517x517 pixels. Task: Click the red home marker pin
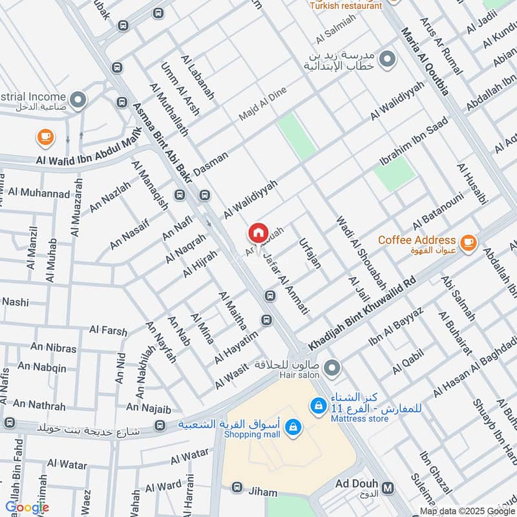coord(258,233)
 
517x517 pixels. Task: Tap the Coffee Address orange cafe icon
coord(469,244)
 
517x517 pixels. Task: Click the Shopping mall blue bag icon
coord(293,427)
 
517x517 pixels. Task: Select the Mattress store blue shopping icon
coord(317,405)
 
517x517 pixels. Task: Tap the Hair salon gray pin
coord(332,368)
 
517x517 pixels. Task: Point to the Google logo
coord(27,507)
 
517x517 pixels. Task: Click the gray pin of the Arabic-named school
coord(387,60)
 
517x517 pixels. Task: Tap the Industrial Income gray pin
coord(78,100)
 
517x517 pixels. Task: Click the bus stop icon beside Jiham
coord(237,487)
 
